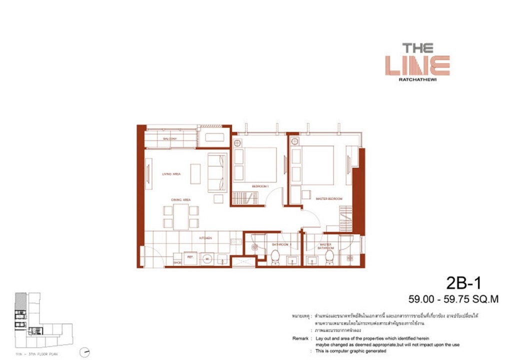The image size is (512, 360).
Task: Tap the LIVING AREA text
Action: [x=171, y=174]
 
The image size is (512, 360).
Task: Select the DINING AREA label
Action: [x=180, y=200]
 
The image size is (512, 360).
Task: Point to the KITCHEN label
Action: [x=205, y=238]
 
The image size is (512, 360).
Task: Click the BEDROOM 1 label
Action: [x=260, y=186]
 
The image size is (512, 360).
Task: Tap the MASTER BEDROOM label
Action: [x=328, y=199]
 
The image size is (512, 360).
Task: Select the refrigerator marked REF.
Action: [x=190, y=257]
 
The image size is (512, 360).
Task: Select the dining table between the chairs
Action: [x=180, y=216]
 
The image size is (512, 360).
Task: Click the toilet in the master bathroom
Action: [x=329, y=257]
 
